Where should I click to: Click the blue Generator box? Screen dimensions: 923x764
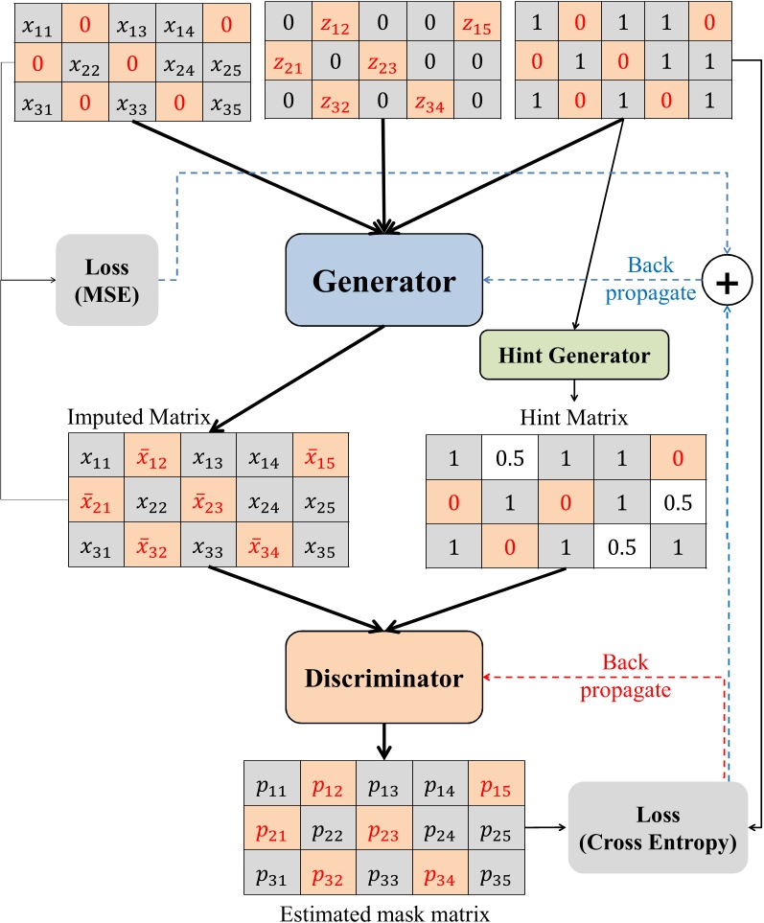click(384, 281)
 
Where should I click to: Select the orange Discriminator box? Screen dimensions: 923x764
click(383, 679)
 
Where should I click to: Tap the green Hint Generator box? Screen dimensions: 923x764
click(574, 356)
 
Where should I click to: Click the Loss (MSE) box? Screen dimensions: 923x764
click(105, 280)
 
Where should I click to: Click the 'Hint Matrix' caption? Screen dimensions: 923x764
click(573, 418)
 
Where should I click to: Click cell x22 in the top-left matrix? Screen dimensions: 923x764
click(86, 66)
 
